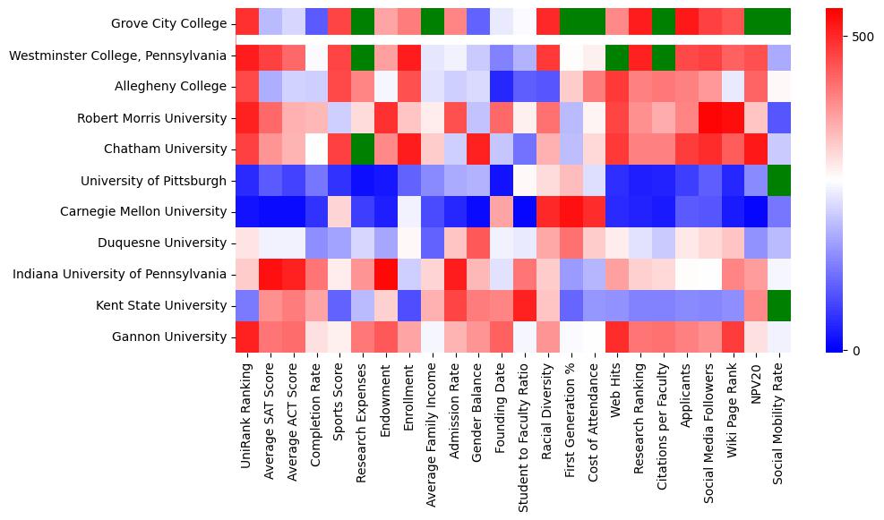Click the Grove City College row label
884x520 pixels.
(x=168, y=24)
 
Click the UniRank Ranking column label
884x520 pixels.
(x=246, y=411)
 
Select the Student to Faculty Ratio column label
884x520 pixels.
(x=524, y=437)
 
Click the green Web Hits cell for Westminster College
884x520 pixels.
(x=617, y=55)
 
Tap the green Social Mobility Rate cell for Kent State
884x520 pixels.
(x=780, y=306)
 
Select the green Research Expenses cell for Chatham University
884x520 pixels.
(x=363, y=149)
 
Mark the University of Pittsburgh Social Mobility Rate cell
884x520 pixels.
(x=780, y=181)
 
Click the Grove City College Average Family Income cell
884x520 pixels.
(x=433, y=24)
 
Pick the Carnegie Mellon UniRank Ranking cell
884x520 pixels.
(x=246, y=212)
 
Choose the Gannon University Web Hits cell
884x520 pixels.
(x=617, y=337)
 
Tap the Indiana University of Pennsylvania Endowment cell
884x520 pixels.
(x=386, y=275)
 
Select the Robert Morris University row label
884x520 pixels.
(x=152, y=118)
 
